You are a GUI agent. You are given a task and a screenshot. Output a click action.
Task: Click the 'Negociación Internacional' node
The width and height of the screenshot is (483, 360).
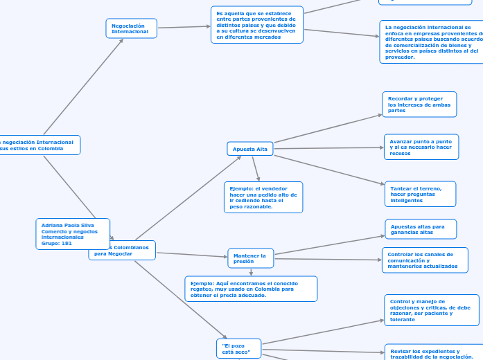[x=131, y=28]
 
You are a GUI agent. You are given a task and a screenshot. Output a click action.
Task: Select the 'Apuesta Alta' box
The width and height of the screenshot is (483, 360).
[x=250, y=149]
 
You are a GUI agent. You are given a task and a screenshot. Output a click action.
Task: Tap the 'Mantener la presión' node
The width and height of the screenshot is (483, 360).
[x=250, y=258]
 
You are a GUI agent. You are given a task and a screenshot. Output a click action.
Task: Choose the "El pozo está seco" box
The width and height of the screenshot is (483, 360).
[x=238, y=349]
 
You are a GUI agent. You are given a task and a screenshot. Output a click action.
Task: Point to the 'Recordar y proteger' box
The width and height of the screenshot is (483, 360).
[x=419, y=105]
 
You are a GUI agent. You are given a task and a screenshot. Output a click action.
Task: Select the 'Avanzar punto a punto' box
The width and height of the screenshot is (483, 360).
[x=421, y=147]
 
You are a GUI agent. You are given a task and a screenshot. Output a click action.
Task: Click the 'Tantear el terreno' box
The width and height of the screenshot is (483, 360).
[x=420, y=194]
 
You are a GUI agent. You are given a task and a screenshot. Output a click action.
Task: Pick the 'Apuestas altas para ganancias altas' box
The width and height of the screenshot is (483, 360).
[x=421, y=229]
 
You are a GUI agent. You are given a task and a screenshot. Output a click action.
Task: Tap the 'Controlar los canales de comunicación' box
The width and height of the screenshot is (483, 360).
[x=424, y=260]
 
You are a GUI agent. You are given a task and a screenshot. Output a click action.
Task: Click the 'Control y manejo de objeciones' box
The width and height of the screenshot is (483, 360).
[x=431, y=310]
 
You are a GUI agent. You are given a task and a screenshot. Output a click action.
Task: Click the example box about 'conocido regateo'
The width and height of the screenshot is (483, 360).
[x=251, y=289]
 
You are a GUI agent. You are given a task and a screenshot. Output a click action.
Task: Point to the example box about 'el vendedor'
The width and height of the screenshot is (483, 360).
[x=263, y=197]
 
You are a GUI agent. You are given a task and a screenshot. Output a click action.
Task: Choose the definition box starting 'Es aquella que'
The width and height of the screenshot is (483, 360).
[x=257, y=25]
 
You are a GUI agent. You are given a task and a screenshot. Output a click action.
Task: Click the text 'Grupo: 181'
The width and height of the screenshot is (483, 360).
[x=57, y=243]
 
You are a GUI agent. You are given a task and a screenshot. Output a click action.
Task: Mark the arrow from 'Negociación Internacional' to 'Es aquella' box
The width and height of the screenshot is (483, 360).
[x=184, y=27]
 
